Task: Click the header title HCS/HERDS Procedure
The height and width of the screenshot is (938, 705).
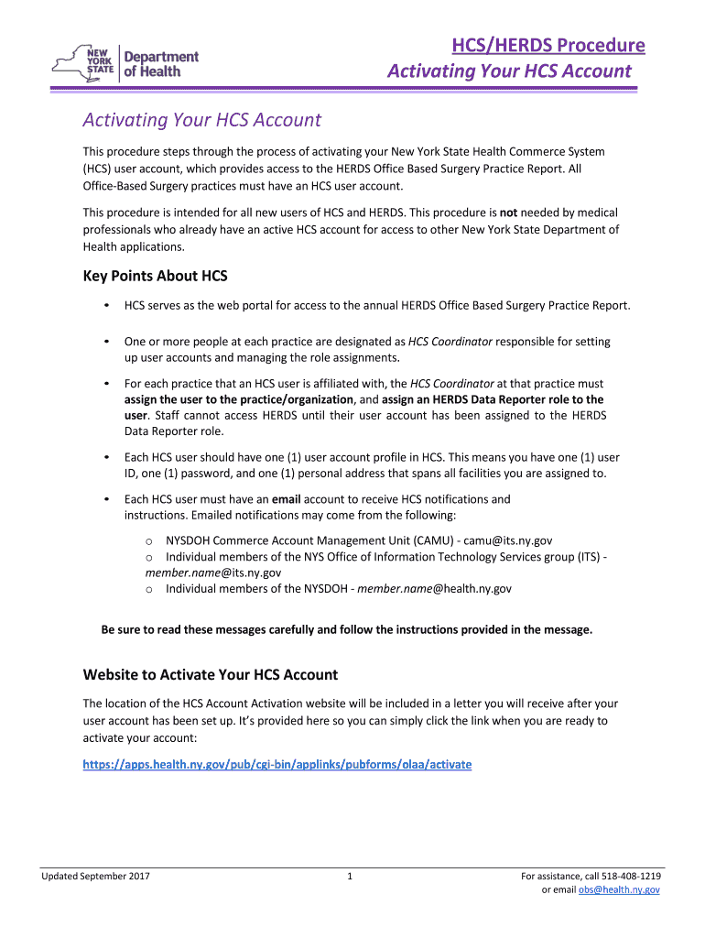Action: [548, 46]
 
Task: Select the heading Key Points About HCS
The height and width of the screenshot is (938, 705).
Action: [155, 276]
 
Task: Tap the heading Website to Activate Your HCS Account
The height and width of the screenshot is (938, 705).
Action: [211, 675]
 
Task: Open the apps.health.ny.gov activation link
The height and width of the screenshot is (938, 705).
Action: [277, 764]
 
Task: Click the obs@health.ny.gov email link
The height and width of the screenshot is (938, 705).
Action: [618, 889]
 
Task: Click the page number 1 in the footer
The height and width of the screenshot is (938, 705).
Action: [350, 877]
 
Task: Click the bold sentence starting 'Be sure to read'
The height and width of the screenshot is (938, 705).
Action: [347, 629]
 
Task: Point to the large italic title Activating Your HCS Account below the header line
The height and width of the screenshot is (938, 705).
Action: [201, 120]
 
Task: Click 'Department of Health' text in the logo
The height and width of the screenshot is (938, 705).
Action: [160, 63]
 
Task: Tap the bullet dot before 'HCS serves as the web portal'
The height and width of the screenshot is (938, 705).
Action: [107, 305]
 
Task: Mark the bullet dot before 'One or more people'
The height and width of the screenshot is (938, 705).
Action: [107, 342]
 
